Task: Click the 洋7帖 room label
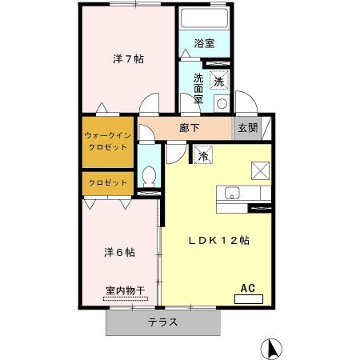pos(128,58)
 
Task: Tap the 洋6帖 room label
pos(119,252)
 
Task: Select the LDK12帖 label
pos(219,241)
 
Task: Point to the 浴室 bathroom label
pos(204,43)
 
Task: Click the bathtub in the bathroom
pos(204,18)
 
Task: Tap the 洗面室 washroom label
pos(198,88)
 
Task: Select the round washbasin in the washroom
pos(222,104)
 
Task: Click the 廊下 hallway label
pos(189,128)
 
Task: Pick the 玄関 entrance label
pos(248,128)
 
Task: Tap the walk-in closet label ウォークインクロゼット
pos(108,142)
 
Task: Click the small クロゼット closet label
pos(108,182)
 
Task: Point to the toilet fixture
pos(149,177)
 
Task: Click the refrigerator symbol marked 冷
pos(203,155)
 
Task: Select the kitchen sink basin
pos(232,193)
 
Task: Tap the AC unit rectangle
pos(249,299)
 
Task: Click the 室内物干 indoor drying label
pos(126,290)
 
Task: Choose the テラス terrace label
pos(163,322)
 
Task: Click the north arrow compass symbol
pos(271,349)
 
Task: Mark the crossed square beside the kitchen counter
pos(261,170)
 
